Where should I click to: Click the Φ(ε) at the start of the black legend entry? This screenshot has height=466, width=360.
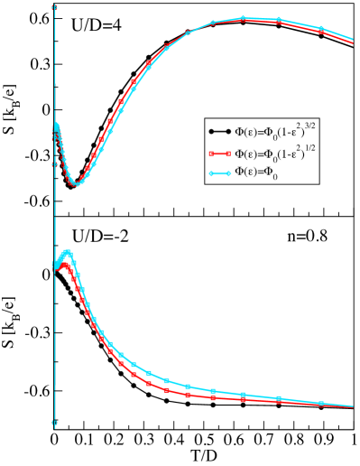245,132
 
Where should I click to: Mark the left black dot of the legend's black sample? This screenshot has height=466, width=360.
210,131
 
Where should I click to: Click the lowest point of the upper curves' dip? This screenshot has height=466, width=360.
77,184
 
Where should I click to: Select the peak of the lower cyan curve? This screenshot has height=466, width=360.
67,253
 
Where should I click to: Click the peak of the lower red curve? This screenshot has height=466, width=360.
65,265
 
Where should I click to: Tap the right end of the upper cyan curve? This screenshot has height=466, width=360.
353,40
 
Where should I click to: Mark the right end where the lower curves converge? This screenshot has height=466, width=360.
353,406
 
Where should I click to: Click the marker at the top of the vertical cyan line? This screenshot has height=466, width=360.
55,7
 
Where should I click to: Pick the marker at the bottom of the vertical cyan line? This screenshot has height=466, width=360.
55,423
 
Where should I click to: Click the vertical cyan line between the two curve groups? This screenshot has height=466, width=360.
55,217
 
